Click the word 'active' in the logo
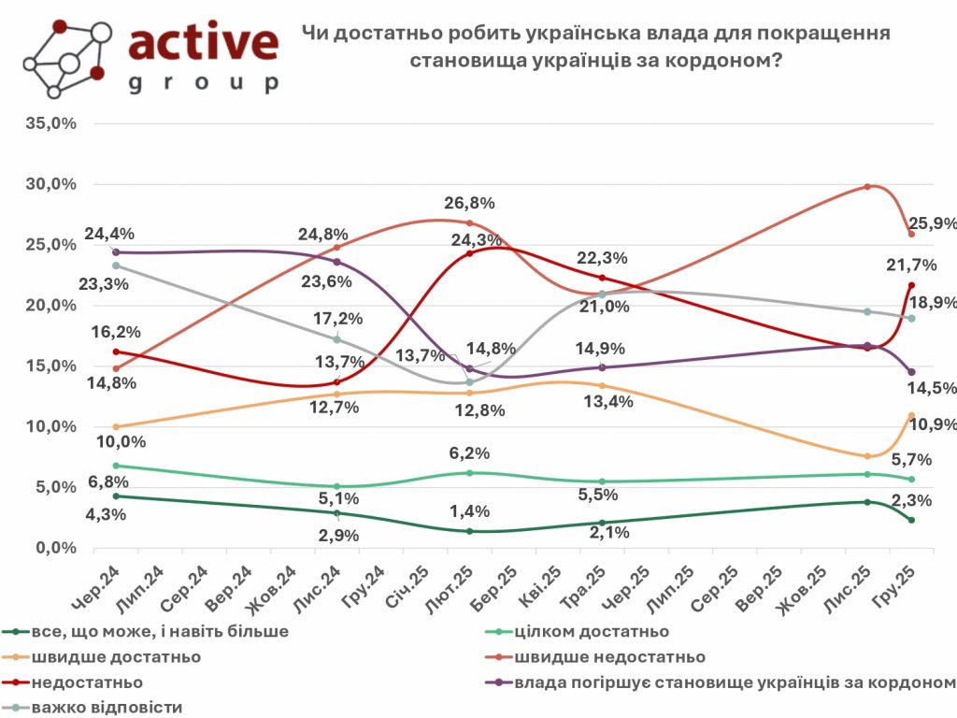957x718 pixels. [x=203, y=43]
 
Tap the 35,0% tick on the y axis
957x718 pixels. [x=50, y=122]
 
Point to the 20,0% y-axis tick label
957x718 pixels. [x=50, y=305]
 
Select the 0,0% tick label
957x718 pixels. [x=54, y=548]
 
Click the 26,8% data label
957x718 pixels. [x=470, y=203]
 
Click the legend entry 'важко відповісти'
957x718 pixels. [x=107, y=706]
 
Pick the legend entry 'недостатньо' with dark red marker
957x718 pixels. [x=87, y=682]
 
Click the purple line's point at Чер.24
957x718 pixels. [x=115, y=252]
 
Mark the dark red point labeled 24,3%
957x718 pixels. [x=469, y=253]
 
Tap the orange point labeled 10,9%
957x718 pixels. [x=910, y=415]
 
